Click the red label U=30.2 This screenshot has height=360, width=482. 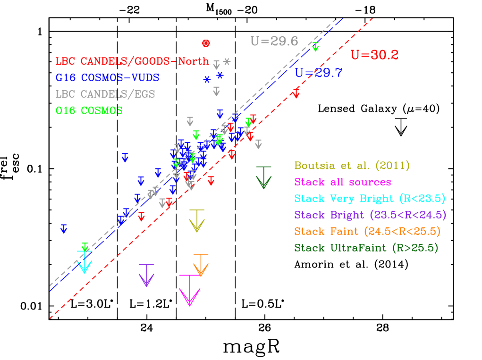pyautogui.click(x=374, y=55)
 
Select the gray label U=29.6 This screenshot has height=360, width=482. pyautogui.click(x=274, y=41)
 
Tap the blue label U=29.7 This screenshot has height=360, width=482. pyautogui.click(x=318, y=73)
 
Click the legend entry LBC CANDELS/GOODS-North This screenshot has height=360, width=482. pyautogui.click(x=132, y=61)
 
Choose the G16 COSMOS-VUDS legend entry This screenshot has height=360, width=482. pyautogui.click(x=107, y=77)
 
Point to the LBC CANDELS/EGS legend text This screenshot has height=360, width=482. pyautogui.click(x=105, y=94)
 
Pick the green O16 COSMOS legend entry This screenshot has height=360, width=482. pyautogui.click(x=89, y=110)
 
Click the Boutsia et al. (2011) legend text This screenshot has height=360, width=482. pyautogui.click(x=352, y=166)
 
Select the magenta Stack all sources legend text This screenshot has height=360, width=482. pyautogui.click(x=342, y=182)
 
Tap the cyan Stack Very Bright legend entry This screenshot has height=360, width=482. pyautogui.click(x=370, y=199)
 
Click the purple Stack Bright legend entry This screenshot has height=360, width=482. pyautogui.click(x=370, y=215)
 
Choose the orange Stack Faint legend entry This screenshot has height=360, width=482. pyautogui.click(x=367, y=232)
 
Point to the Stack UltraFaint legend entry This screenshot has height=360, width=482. pyautogui.click(x=366, y=248)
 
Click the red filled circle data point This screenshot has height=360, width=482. pyautogui.click(x=206, y=43)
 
